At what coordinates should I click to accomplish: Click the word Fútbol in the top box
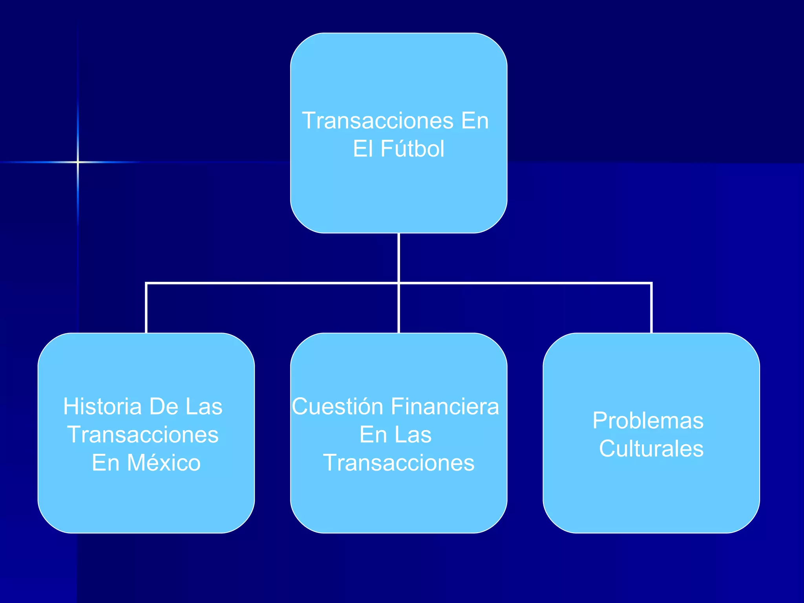[412, 149]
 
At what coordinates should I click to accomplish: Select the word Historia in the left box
[102, 406]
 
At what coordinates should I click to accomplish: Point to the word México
[164, 463]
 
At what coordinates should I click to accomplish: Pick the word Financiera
[445, 406]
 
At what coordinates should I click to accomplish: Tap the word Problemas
[648, 420]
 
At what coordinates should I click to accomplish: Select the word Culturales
[651, 449]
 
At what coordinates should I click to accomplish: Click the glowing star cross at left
[78, 162]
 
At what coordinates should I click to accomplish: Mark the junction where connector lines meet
[398, 283]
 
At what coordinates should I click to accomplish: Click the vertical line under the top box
[398, 257]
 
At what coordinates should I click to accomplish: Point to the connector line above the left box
[146, 308]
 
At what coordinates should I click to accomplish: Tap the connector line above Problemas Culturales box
[651, 308]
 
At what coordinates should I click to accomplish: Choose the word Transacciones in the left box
[143, 435]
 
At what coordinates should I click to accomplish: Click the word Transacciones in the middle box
[398, 463]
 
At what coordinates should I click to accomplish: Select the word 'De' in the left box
[164, 406]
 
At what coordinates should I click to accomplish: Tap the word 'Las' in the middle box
[413, 435]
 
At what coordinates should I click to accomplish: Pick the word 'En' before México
[105, 463]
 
